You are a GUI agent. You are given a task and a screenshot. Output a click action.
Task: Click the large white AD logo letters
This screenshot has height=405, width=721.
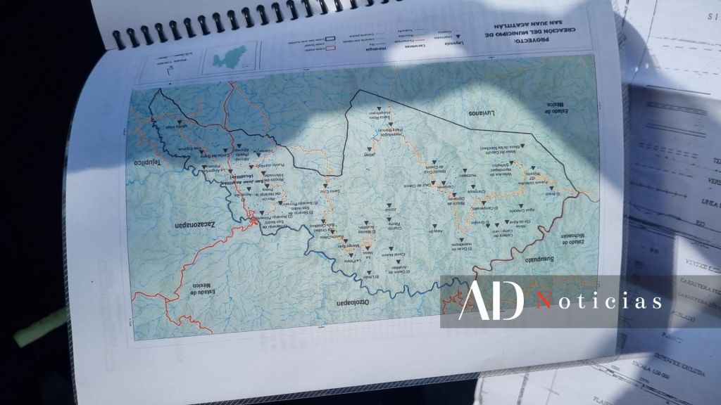coord(491,300)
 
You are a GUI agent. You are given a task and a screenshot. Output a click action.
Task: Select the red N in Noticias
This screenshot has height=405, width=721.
coord(543,302)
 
